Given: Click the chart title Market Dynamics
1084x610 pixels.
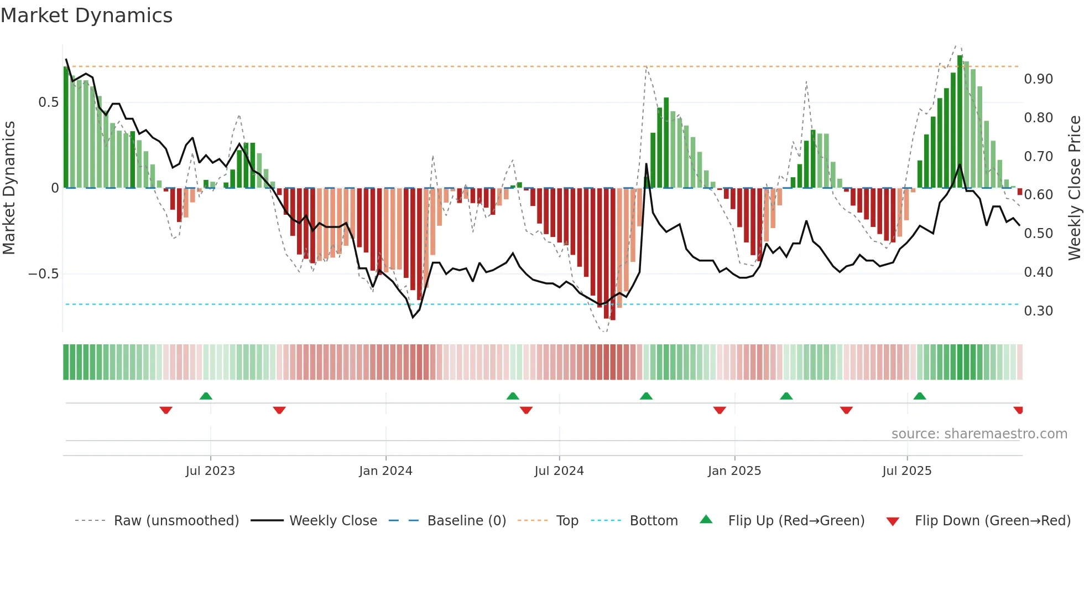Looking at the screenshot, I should point(86,15).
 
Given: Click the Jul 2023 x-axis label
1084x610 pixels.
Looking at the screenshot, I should point(210,471).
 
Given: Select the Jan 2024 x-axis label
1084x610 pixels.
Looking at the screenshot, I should point(385,471).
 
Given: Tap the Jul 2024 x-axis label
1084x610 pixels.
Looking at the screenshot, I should point(559,471).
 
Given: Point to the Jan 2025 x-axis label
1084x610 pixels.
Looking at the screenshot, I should point(734,471).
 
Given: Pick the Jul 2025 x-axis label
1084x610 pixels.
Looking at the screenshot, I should point(906,471).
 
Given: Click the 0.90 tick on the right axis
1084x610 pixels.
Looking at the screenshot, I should point(1038,79).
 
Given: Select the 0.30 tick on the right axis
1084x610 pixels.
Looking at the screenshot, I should point(1038,311).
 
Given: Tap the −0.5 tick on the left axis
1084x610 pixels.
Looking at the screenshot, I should point(43,274).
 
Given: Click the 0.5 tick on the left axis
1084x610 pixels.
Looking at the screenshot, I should point(48,102).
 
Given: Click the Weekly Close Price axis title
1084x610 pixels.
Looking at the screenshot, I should point(1074,188).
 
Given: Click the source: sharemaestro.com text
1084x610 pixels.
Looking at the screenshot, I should point(979,434).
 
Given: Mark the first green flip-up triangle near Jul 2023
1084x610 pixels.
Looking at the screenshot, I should point(206,396).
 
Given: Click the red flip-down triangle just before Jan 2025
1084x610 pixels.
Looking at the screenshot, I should point(719,410).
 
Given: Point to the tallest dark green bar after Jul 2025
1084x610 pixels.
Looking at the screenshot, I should point(960,122).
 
